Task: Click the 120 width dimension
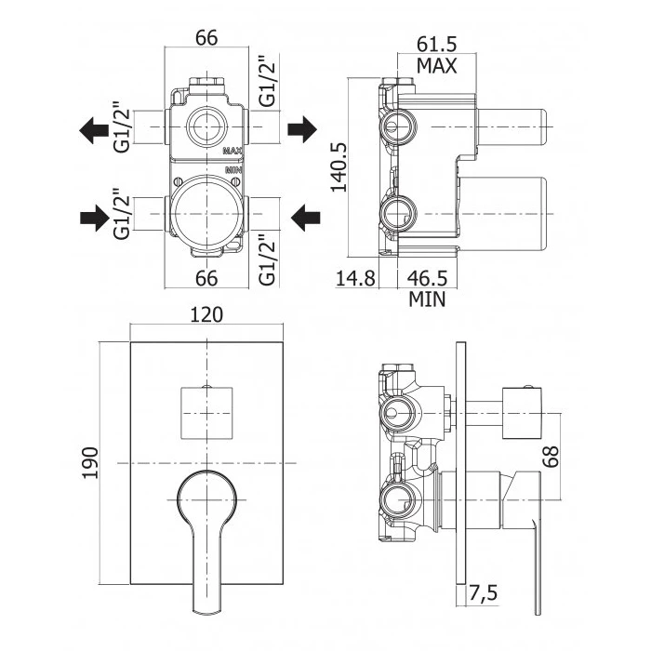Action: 207,315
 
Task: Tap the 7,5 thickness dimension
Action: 485,591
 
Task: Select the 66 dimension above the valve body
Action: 206,38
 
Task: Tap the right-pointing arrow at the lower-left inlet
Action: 93,219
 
